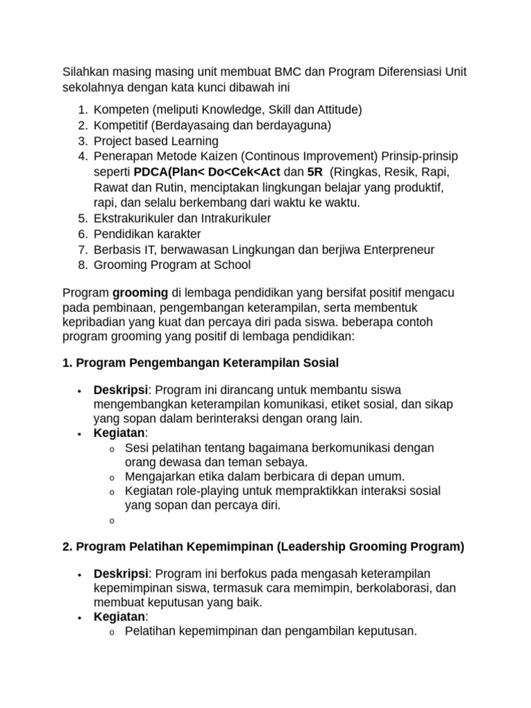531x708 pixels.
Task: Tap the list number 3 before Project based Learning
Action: click(82, 140)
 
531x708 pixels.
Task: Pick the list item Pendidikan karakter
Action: click(147, 234)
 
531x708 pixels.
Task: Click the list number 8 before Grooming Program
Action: click(82, 265)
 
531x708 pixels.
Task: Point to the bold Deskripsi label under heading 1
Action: click(120, 389)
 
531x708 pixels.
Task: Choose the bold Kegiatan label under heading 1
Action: click(118, 433)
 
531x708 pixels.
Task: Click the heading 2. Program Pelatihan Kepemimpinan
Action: click(263, 546)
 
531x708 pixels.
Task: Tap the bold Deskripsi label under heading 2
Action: click(120, 573)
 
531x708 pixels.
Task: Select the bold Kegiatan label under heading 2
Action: click(118, 617)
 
